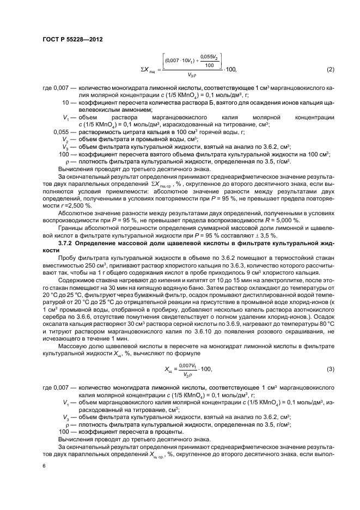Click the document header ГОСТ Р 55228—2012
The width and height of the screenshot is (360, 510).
[x=72, y=39]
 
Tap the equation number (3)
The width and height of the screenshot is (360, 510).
[x=330, y=370]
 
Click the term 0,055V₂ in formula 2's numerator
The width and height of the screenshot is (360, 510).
[x=209, y=56]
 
